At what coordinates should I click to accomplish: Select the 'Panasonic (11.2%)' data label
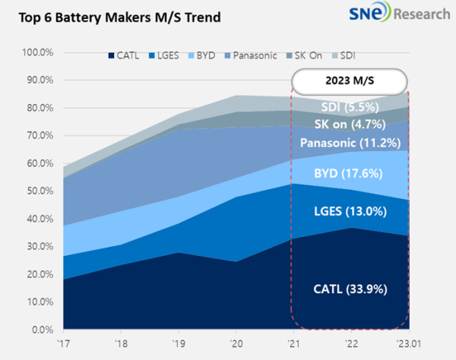(350, 143)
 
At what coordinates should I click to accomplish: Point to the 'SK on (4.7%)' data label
(350, 124)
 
